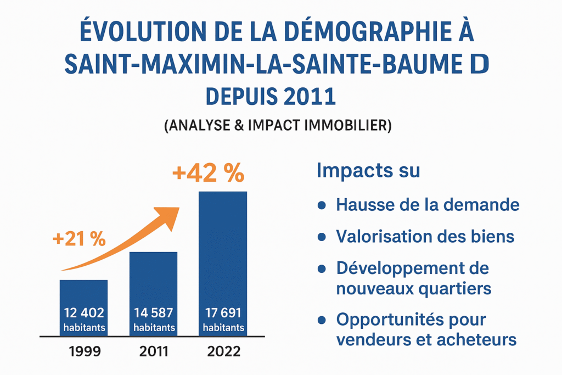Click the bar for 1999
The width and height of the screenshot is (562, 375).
tap(83, 299)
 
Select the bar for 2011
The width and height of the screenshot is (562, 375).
tap(153, 286)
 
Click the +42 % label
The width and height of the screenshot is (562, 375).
tap(208, 173)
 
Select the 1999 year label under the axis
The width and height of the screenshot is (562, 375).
tap(85, 351)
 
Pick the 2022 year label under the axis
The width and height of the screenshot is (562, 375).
tap(223, 351)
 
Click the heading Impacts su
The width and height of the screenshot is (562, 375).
tap(368, 170)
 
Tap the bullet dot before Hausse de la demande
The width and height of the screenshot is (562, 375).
tap(322, 205)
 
